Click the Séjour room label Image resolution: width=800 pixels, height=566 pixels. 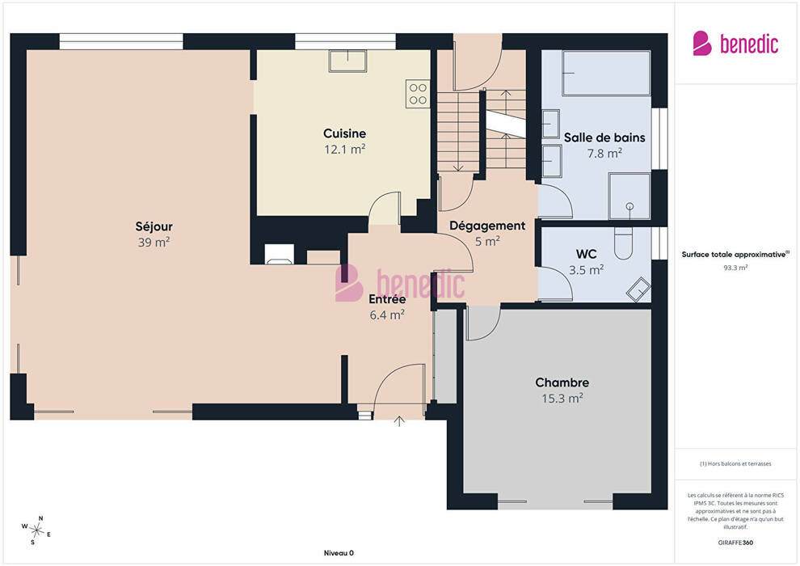(154, 226)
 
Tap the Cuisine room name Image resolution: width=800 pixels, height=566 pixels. (344, 133)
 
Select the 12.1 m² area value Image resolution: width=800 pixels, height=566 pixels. (344, 149)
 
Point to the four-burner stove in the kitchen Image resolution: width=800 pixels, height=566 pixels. (418, 94)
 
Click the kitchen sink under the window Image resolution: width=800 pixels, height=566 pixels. (347, 61)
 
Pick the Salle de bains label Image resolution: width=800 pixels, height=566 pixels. (604, 137)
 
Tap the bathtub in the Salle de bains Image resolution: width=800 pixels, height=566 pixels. (606, 73)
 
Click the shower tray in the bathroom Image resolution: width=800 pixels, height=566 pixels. (629, 196)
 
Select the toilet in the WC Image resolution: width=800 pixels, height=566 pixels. (624, 243)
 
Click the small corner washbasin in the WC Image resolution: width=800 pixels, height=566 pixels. (638, 289)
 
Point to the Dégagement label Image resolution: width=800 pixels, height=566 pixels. (487, 226)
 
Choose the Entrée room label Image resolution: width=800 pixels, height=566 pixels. (387, 299)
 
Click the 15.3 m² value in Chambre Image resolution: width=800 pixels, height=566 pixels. (562, 398)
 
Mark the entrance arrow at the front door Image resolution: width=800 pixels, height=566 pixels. (399, 421)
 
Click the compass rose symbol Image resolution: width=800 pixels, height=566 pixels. (36, 530)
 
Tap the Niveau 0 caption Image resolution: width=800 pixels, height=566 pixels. (339, 553)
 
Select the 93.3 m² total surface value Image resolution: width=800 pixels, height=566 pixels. (735, 268)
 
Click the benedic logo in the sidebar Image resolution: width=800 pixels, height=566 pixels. (735, 44)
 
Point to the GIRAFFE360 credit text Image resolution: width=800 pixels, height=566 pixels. (735, 543)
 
